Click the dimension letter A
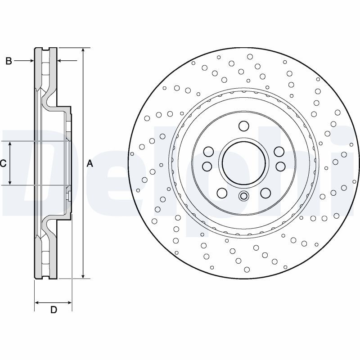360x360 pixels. pyautogui.click(x=90, y=164)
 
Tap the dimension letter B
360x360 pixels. pyautogui.click(x=9, y=61)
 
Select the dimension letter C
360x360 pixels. pyautogui.click(x=3, y=164)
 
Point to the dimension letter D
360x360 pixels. pyautogui.click(x=54, y=310)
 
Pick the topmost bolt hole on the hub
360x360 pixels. pyautogui.click(x=243, y=126)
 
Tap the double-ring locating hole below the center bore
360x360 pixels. pyautogui.click(x=243, y=196)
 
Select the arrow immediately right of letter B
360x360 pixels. pyautogui.click(x=31, y=61)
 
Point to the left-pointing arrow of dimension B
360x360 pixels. pyautogui.click(x=61, y=61)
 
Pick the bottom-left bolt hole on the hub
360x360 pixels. pyautogui.click(x=221, y=193)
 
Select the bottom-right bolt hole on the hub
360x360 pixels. pyautogui.click(x=265, y=193)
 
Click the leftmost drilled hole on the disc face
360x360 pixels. pyautogui.click(x=132, y=154)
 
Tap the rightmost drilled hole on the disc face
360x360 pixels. pyautogui.click(x=351, y=144)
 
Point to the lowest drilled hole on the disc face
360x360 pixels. pyautogui.click(x=247, y=270)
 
